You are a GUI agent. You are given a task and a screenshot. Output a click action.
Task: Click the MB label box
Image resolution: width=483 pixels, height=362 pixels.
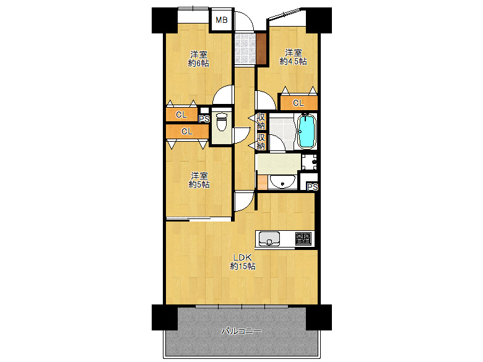(222, 20)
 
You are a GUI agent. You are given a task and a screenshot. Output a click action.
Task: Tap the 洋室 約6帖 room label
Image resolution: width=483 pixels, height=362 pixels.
(199, 59)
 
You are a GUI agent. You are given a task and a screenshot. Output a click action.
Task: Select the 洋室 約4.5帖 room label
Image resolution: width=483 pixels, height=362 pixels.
(293, 57)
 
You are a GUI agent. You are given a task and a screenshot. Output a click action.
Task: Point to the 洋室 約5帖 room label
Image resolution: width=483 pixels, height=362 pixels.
(199, 180)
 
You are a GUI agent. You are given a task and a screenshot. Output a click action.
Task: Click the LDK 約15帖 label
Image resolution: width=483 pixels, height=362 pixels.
(243, 262)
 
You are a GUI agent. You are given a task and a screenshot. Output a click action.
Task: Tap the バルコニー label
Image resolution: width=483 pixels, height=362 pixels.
(241, 331)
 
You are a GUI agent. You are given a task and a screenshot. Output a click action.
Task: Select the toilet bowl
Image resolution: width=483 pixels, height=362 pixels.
(222, 121)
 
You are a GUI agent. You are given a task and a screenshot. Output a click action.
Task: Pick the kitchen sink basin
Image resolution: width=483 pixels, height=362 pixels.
(269, 238)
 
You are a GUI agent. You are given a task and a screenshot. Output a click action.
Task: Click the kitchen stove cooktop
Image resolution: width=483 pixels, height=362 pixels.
(303, 239)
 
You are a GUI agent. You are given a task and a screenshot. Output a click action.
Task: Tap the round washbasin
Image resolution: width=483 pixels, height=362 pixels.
(282, 182)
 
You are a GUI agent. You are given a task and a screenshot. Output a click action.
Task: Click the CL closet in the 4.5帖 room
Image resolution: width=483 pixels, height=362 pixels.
(298, 103)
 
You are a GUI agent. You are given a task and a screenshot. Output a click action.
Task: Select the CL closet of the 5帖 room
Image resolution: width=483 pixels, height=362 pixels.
(187, 132)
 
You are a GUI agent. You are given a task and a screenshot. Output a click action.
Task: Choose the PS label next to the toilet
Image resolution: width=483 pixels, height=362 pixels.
(204, 119)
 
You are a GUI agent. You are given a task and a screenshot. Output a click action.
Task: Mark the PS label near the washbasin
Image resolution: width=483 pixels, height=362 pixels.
(312, 187)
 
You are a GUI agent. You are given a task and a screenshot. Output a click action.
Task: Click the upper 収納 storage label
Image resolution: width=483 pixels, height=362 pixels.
(261, 121)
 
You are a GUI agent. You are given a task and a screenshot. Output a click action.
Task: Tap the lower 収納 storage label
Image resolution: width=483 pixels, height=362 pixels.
(261, 141)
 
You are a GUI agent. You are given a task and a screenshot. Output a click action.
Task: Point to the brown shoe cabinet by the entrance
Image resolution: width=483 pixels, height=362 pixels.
(261, 48)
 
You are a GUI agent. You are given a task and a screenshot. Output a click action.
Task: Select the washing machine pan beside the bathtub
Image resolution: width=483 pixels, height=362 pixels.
(309, 162)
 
